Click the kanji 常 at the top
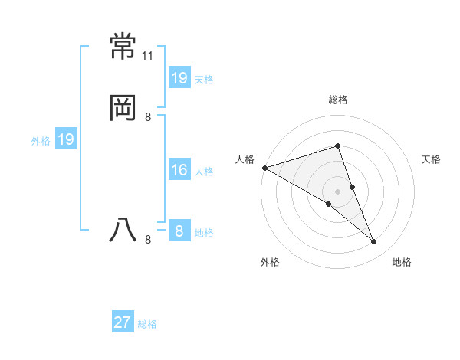click(x=123, y=47)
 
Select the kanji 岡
click(x=123, y=109)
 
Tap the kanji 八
click(x=123, y=231)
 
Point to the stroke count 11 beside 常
click(x=148, y=57)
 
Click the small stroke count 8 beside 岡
click(x=148, y=117)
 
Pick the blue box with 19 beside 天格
click(x=179, y=78)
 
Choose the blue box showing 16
click(x=179, y=170)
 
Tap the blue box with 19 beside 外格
click(x=66, y=139)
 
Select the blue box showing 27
click(x=123, y=322)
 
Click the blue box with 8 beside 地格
click(x=179, y=231)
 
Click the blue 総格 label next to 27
click(x=147, y=324)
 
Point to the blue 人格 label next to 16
click(x=204, y=172)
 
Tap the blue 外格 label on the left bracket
click(x=41, y=141)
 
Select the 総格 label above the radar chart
click(x=337, y=100)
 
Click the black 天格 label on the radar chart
click(x=431, y=159)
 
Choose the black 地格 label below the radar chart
click(x=402, y=262)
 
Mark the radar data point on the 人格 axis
click(x=264, y=168)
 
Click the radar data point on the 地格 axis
click(x=373, y=241)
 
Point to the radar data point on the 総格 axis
click(x=337, y=146)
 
